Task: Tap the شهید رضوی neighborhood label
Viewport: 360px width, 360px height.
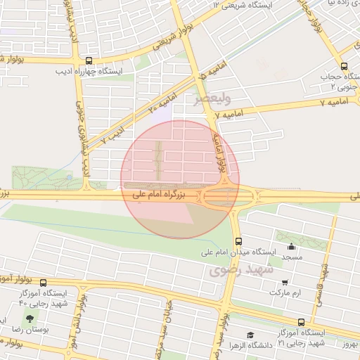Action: point(234,269)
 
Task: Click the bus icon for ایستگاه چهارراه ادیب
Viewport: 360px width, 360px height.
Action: point(89,62)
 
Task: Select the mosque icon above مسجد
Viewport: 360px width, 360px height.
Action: point(291,246)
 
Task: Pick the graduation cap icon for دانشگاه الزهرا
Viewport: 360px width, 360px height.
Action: point(250,335)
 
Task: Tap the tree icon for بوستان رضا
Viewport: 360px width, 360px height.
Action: point(29,319)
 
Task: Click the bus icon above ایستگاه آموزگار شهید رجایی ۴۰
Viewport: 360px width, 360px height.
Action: point(43,283)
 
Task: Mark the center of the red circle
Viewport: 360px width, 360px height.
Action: point(181,179)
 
